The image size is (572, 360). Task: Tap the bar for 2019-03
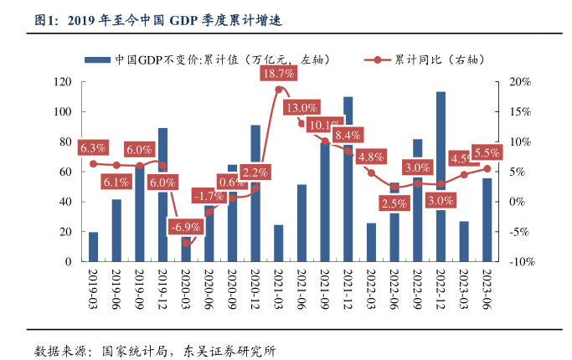(x=93, y=247)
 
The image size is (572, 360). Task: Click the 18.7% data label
(x=277, y=74)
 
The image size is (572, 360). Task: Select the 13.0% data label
(x=301, y=108)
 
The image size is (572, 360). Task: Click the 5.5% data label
(x=487, y=152)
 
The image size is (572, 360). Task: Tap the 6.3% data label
(x=93, y=148)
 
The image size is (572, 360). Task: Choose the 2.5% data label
(x=394, y=203)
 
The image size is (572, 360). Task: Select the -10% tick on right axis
(x=519, y=262)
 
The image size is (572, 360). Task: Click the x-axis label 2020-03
(x=186, y=285)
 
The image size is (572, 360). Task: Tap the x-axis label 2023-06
(x=487, y=285)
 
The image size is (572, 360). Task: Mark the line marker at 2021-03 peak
(x=278, y=89)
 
